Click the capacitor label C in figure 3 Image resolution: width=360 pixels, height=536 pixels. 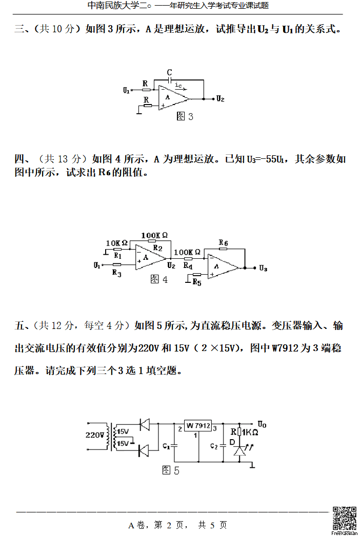[x=169, y=73]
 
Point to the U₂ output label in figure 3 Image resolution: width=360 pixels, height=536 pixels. [x=221, y=98]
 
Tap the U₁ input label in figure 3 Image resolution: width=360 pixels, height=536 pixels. [x=126, y=90]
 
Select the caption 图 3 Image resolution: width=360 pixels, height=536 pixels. [x=185, y=117]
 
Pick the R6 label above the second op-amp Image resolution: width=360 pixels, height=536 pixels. [x=223, y=242]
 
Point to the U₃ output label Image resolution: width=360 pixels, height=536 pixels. [x=263, y=268]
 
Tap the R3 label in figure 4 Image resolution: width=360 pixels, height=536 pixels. [x=117, y=273]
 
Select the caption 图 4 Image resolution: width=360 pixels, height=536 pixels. [x=159, y=279]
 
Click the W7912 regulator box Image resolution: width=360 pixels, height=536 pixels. [x=198, y=426]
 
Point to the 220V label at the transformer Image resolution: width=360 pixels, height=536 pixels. [x=95, y=435]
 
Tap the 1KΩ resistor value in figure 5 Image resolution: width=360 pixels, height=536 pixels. [x=249, y=432]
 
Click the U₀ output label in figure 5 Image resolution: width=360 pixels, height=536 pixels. [x=262, y=424]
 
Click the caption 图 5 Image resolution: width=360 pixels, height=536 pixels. [x=171, y=470]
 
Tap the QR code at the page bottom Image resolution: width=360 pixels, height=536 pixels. [x=344, y=518]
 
